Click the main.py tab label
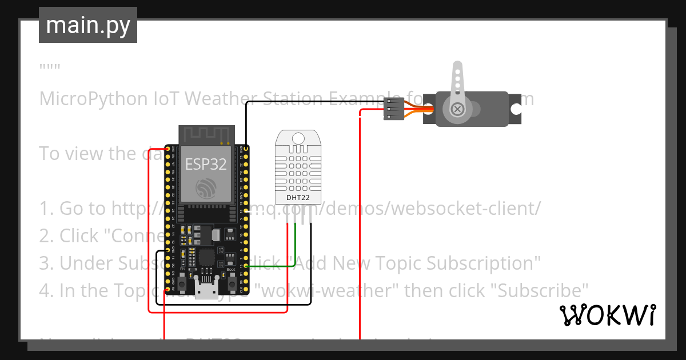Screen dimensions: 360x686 pos(88,25)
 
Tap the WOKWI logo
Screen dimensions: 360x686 pos(607,315)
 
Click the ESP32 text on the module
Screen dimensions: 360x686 pos(206,165)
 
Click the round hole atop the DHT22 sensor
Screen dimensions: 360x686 pos(297,138)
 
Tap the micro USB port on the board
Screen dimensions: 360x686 pos(206,290)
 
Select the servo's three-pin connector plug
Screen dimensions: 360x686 pos(392,109)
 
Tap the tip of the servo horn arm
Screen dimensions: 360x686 pos(457,67)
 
